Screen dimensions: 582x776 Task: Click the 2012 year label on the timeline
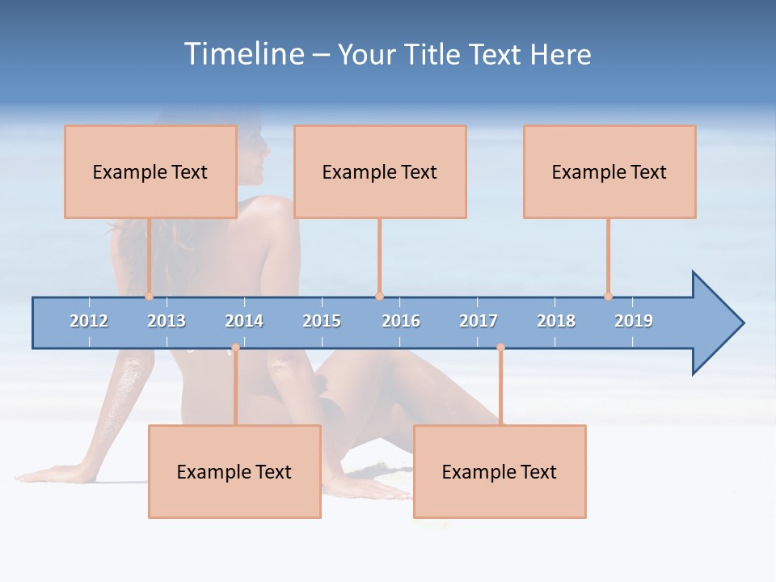(x=89, y=321)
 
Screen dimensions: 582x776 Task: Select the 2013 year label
(x=167, y=321)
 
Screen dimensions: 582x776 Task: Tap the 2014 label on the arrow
(x=244, y=321)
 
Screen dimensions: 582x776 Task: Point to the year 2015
(x=322, y=321)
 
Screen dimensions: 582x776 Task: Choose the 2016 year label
(x=401, y=321)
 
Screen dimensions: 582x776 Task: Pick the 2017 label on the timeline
(x=479, y=321)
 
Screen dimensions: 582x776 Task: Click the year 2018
(x=556, y=321)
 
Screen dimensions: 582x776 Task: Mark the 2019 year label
(x=634, y=321)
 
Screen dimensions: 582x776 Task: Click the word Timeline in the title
(x=243, y=54)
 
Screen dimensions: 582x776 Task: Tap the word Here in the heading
(x=560, y=54)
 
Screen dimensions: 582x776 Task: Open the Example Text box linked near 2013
(x=150, y=172)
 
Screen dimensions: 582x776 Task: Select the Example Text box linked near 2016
(x=380, y=172)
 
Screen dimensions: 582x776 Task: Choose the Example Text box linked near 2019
(x=609, y=172)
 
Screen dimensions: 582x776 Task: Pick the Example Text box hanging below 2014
(x=234, y=472)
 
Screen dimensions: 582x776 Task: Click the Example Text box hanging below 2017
(x=500, y=472)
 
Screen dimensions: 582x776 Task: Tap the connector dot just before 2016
(x=379, y=297)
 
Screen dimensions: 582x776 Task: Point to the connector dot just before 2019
(x=609, y=297)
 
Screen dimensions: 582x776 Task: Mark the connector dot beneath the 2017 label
(x=500, y=348)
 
